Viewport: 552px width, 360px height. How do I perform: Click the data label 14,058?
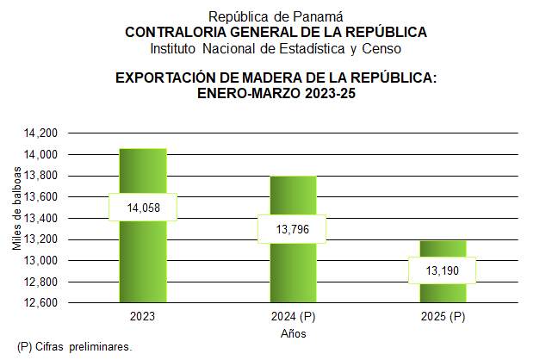click(x=143, y=208)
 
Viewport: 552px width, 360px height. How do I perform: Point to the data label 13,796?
click(x=293, y=229)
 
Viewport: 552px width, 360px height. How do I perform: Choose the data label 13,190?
click(x=443, y=270)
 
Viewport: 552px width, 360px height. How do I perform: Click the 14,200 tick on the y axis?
click(x=40, y=133)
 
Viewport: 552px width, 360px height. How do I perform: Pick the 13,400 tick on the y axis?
click(x=40, y=219)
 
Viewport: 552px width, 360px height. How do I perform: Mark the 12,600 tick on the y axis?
click(x=40, y=303)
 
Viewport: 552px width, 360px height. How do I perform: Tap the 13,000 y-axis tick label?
click(x=40, y=261)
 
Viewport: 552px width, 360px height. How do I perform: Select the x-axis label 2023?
click(x=143, y=318)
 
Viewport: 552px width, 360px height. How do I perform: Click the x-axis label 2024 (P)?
click(x=294, y=318)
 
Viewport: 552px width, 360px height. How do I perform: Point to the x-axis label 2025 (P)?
click(x=443, y=318)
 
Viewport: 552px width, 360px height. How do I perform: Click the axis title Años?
click(x=294, y=333)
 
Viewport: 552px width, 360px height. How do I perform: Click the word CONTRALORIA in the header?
click(x=173, y=32)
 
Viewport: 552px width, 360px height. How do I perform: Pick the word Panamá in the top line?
click(x=319, y=16)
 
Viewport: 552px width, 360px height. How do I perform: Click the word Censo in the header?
click(x=385, y=47)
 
